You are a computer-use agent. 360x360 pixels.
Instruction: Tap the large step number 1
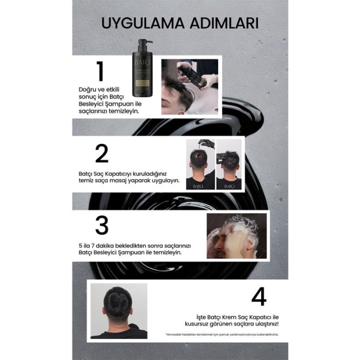click(x=99, y=72)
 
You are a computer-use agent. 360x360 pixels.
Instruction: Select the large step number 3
click(x=101, y=225)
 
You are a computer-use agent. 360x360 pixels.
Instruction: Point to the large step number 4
click(x=259, y=297)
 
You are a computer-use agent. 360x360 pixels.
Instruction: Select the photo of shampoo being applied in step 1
click(x=189, y=86)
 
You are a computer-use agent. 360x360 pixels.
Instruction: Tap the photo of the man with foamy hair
click(x=236, y=236)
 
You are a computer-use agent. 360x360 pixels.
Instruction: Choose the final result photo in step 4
click(x=119, y=310)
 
